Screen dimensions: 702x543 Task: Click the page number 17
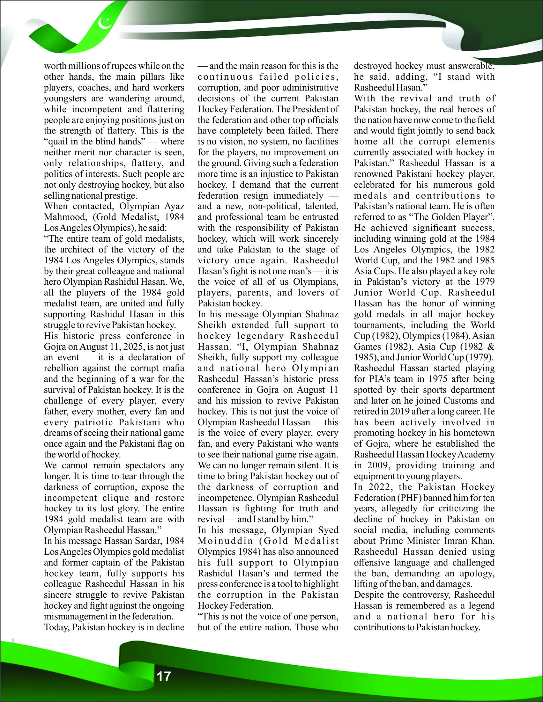tap(163, 676)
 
